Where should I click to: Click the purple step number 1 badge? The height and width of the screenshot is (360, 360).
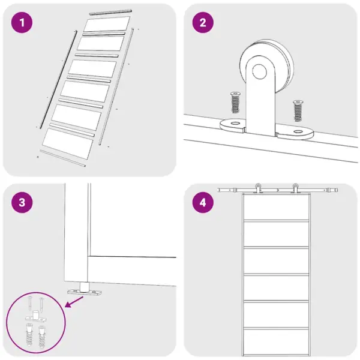pos(22,23)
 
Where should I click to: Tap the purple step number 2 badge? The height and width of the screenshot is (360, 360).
pos(203,23)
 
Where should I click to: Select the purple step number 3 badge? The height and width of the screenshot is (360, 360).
pos(22,203)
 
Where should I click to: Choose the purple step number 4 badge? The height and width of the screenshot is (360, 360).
pos(203,203)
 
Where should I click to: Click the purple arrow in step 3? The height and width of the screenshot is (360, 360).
pos(74,302)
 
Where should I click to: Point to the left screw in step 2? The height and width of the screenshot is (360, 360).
pos(235,103)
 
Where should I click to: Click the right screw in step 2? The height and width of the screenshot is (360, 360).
pos(298,111)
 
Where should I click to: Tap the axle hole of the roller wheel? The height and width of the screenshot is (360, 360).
pos(259,71)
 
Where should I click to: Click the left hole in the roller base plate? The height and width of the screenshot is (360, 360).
pos(235,123)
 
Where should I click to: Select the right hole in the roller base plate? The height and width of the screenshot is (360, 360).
pos(298,131)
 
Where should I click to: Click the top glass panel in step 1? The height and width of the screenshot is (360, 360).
pos(107,23)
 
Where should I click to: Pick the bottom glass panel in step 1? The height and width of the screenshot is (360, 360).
pos(68,144)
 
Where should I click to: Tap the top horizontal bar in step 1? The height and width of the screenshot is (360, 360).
pos(110,12)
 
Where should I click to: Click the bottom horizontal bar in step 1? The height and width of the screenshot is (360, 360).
pos(62,158)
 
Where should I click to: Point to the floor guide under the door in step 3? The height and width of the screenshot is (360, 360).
pos(84,290)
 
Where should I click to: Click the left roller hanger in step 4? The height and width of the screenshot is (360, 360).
pos(258,188)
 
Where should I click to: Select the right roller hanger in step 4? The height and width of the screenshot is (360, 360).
pos(295,188)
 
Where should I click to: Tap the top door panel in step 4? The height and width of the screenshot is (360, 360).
pos(276,207)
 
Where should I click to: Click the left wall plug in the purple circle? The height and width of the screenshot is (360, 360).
pos(29,334)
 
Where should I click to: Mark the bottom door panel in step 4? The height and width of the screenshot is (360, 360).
pos(276,342)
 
